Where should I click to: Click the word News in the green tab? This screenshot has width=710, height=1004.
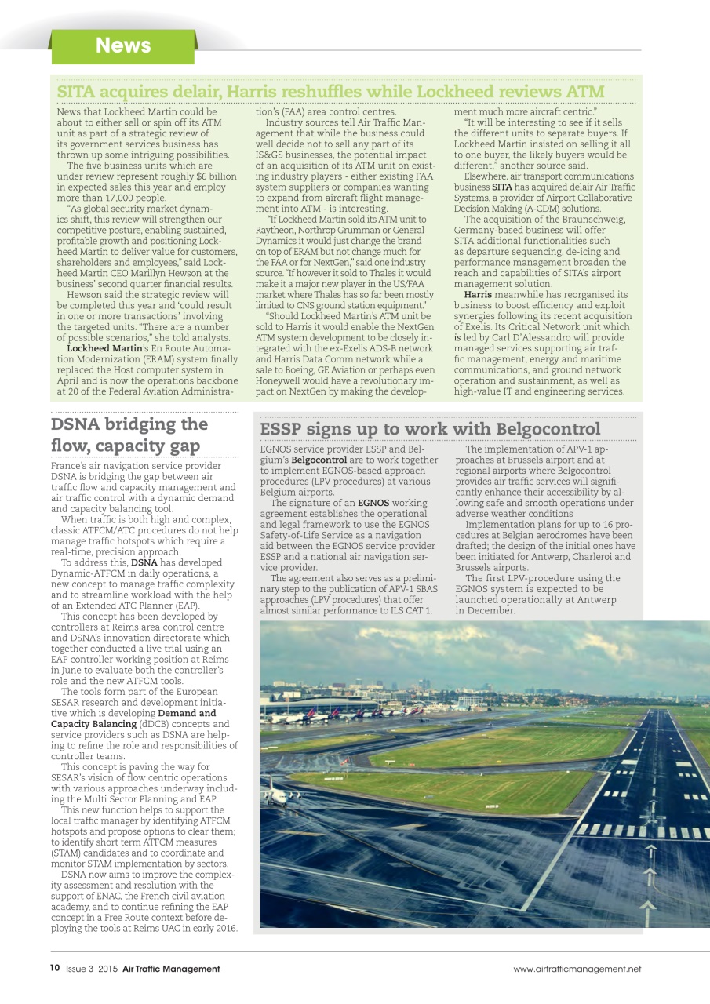[x=122, y=45]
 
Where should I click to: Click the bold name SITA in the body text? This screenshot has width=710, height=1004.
[x=501, y=187]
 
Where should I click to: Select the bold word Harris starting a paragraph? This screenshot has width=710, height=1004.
[x=479, y=295]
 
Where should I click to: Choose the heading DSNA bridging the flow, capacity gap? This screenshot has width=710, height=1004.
[x=129, y=435]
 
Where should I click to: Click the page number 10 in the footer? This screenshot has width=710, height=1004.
[x=54, y=969]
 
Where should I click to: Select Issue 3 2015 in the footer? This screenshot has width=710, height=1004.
[x=92, y=969]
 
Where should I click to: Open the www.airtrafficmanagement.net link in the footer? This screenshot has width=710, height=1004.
[x=577, y=969]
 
